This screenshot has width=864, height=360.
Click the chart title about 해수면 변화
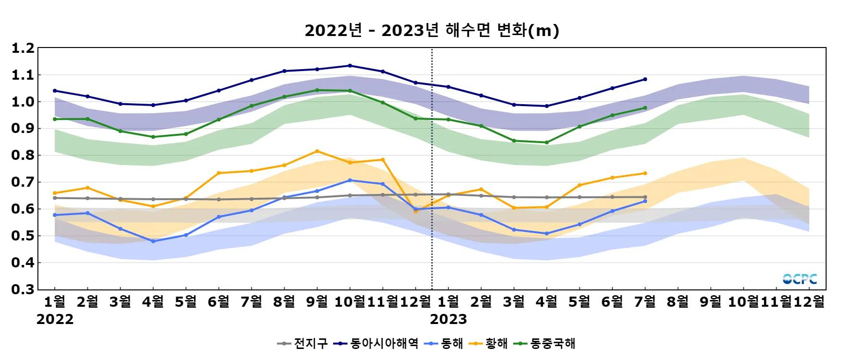pos(432,30)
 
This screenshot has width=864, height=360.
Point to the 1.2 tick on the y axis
pos(23,48)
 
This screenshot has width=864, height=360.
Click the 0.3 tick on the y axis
pos(23,289)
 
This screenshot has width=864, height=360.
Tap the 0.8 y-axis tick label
pos(23,156)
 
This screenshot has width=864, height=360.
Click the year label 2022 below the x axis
pos(55,319)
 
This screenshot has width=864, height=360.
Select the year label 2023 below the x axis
pos(448,319)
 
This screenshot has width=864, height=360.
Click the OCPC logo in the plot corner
pos(799,279)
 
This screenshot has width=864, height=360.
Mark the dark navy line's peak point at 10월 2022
pos(350,66)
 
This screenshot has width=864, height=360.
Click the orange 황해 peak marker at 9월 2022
pos(317,151)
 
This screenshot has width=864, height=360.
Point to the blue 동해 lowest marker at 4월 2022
pos(153,241)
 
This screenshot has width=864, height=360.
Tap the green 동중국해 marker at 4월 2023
pos(547,143)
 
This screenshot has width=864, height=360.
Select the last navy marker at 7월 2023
pos(645,79)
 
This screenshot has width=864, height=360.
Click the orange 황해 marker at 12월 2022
pos(416,212)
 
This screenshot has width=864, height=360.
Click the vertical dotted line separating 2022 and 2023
pos(432,168)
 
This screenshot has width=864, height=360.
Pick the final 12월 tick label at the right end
pos(809,302)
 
